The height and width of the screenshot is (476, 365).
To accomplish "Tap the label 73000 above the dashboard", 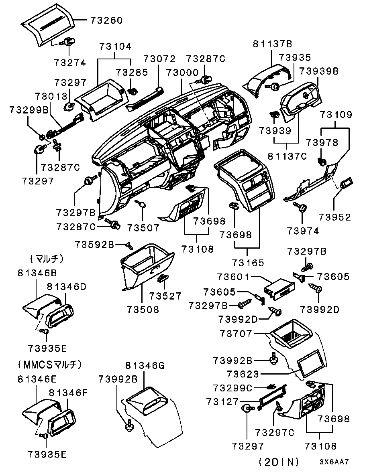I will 182,73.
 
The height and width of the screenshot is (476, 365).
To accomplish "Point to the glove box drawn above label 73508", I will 147,267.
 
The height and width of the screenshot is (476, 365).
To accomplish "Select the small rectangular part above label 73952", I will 345,184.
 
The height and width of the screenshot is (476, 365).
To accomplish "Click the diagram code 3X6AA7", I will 334,462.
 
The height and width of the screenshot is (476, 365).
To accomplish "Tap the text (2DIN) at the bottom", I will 279,462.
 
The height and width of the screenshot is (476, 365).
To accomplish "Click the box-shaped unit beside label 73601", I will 279,289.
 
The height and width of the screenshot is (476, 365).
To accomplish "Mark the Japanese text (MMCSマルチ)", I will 50,364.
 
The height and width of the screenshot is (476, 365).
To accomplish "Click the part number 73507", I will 143,227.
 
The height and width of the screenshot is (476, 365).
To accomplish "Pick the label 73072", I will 160,59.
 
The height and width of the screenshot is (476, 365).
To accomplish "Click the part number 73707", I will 236,334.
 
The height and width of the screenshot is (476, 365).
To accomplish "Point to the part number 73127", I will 222,401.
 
